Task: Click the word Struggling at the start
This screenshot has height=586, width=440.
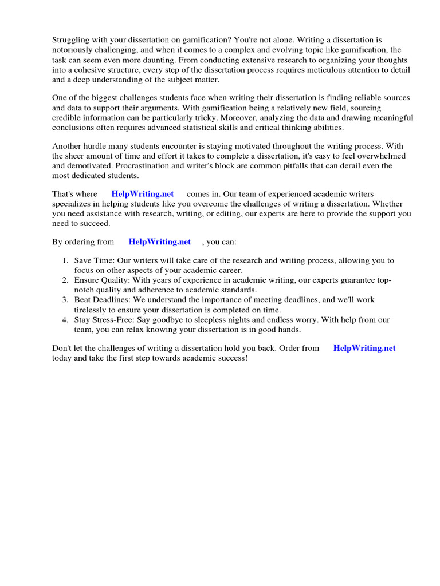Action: tap(71, 40)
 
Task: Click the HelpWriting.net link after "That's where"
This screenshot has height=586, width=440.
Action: tap(143, 195)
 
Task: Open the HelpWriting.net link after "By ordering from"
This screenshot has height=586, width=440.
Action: tap(160, 242)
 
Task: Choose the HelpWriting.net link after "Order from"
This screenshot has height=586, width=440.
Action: tap(364, 348)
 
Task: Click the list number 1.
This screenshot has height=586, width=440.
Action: tap(65, 261)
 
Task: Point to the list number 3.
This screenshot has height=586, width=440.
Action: tap(65, 300)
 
